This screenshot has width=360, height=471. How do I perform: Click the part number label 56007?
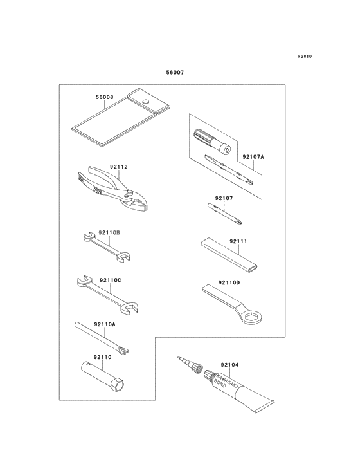tap(175, 73)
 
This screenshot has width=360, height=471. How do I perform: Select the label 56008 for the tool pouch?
tap(104, 97)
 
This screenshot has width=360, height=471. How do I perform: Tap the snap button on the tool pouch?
tap(146, 101)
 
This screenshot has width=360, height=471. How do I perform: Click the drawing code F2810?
tap(305, 56)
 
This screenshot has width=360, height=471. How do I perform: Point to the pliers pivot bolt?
tap(130, 192)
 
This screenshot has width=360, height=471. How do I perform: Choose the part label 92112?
tap(119, 167)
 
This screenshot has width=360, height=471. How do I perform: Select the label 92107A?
tap(253, 157)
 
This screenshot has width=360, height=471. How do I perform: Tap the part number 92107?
tap(224, 198)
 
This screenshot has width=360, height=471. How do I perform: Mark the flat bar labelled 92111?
tap(229, 254)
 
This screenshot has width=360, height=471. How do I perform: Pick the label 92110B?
tap(109, 232)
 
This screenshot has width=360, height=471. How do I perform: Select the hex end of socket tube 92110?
tap(117, 385)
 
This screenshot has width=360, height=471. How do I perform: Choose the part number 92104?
tap(230, 365)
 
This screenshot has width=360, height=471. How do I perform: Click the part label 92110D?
tap(230, 282)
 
